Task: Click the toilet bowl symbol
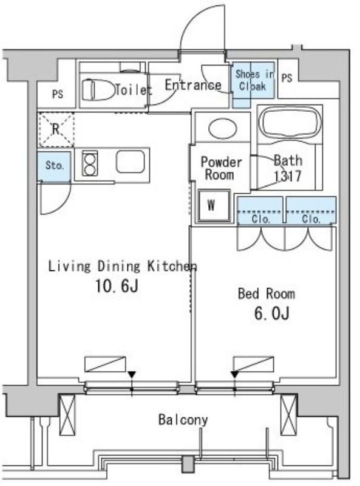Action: [98, 89]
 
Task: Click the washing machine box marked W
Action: [214, 206]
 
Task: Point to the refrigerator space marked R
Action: [56, 129]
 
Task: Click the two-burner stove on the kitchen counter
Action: [90, 163]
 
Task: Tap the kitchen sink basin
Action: [130, 162]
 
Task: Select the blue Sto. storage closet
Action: [54, 166]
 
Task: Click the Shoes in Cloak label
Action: [254, 80]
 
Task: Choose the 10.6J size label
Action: [117, 286]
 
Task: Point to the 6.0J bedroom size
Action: [272, 313]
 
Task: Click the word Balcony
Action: [183, 420]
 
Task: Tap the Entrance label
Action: [192, 85]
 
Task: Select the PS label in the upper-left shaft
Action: [58, 94]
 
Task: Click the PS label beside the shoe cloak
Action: [287, 78]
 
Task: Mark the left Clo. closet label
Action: [261, 219]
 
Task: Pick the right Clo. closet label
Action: [311, 219]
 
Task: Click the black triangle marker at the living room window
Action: [132, 374]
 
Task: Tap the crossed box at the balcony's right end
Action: [289, 416]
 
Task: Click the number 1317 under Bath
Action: [288, 176]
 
